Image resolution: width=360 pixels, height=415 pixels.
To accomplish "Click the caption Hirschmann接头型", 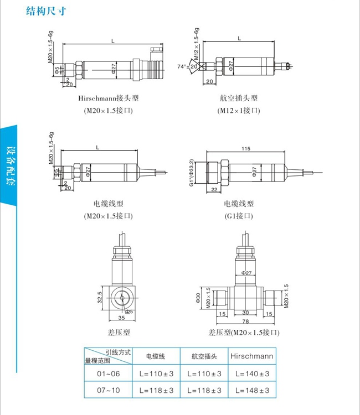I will [x=108, y=98].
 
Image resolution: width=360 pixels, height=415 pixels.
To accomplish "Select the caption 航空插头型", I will [x=239, y=98].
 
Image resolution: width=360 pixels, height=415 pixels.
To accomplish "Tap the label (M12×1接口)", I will [x=239, y=111].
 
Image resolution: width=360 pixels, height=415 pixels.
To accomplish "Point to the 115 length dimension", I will [x=246, y=148].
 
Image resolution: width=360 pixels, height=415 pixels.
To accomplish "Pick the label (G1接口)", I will [x=239, y=215].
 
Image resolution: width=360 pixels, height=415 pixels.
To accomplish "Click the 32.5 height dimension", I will [x=100, y=298].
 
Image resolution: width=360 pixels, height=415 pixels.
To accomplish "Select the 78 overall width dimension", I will [x=245, y=321].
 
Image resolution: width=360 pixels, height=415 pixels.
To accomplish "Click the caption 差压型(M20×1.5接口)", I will [x=244, y=333].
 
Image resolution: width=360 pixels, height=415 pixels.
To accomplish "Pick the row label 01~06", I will [x=109, y=374].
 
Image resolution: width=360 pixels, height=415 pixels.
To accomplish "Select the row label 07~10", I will [x=109, y=391].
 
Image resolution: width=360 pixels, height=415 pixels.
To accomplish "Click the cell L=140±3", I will [x=251, y=374].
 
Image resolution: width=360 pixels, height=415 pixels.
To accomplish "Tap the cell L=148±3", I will [x=251, y=391].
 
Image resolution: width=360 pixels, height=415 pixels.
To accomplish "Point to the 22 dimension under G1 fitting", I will [x=213, y=190].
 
